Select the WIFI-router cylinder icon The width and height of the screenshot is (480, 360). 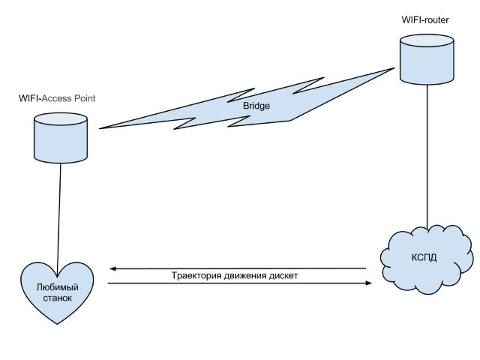427,61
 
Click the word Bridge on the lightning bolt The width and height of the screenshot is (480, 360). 256,106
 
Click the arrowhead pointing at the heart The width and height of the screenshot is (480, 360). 112,268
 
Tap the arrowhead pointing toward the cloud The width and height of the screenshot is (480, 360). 368,283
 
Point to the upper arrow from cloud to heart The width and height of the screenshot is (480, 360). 240,268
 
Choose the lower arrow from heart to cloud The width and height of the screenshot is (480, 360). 240,283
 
